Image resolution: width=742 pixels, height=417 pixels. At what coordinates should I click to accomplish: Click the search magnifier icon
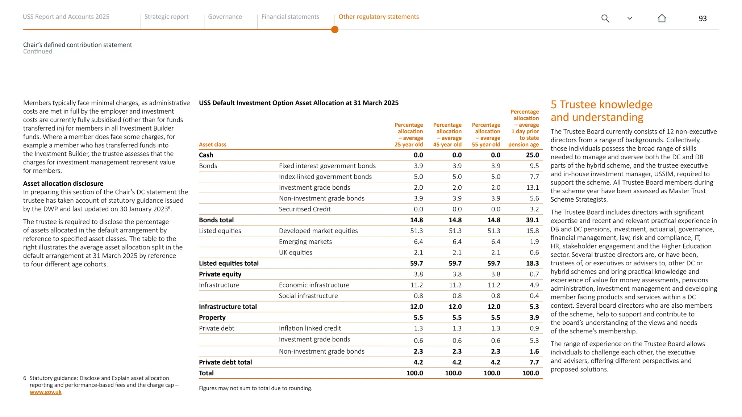coord(605,18)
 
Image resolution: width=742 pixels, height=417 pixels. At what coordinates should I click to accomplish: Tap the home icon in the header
coord(662,18)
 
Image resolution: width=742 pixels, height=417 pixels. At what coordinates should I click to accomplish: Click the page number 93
coord(702,18)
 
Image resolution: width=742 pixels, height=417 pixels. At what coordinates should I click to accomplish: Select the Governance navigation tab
coord(225,17)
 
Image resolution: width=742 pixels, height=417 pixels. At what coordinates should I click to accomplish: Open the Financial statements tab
coord(290,17)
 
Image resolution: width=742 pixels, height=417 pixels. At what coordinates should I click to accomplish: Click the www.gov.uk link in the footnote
coord(46,392)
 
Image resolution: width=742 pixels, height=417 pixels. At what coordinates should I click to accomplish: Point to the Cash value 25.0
coord(532,155)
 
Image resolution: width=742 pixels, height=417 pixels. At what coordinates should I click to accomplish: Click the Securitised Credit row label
coord(304,209)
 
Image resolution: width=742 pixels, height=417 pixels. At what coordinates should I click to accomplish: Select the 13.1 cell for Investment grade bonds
coord(532,188)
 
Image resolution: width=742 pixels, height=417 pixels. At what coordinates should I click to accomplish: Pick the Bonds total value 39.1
coord(532,220)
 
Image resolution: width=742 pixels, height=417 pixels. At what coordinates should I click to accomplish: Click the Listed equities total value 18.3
coord(532,264)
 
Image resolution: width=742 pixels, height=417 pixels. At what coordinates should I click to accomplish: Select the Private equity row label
coord(220,274)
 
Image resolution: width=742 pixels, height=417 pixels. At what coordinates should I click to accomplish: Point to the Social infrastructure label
coord(308,296)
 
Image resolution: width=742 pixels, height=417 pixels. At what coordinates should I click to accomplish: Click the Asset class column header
coord(212,144)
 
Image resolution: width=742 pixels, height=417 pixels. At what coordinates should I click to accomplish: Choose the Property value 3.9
coord(534,317)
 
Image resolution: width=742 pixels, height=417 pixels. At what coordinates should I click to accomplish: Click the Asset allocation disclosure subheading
coord(63,184)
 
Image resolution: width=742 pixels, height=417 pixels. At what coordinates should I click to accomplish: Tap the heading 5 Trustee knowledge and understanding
coord(601,111)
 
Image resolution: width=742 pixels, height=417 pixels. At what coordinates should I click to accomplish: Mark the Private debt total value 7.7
coord(534,362)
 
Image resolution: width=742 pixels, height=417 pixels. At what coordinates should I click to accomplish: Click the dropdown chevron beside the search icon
coord(629,18)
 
